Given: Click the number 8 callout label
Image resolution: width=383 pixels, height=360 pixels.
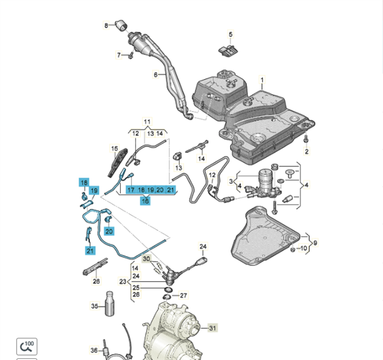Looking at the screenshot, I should [107, 25].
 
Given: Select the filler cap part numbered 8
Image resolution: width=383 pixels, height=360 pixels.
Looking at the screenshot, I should [121, 25].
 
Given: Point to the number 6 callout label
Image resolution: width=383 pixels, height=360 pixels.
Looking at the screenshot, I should [155, 75].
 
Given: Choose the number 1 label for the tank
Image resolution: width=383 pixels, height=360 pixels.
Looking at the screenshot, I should [262, 80].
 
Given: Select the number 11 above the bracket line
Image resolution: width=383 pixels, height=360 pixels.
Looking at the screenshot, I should [147, 121].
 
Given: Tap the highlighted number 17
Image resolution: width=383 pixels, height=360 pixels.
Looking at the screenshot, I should [130, 190].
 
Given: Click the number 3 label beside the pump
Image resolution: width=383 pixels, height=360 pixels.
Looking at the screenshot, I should [231, 181].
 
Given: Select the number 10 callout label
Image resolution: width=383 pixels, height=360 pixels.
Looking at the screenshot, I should [304, 248].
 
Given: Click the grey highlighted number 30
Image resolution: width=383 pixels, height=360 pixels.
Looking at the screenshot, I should [147, 259].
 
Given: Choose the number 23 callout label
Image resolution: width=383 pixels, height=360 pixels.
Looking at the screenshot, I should [122, 281].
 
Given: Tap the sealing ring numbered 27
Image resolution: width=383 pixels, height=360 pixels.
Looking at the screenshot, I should [168, 295].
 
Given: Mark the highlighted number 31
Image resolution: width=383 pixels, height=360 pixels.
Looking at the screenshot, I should [213, 328].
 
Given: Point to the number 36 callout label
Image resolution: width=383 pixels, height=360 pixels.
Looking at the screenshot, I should [94, 350].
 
